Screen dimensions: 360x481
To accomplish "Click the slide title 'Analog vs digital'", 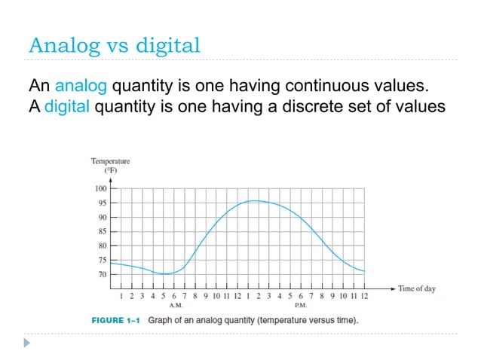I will [x=115, y=45].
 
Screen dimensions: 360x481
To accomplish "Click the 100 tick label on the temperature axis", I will [x=100, y=189].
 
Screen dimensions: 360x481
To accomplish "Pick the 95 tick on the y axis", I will [x=101, y=203].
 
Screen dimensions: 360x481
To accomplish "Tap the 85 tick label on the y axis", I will [x=101, y=232].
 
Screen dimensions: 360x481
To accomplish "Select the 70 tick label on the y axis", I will [x=101, y=275].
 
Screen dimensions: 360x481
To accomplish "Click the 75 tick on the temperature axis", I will [x=101, y=261].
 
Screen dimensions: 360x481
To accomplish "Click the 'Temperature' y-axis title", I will [x=110, y=160].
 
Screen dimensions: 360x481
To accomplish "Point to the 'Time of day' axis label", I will [x=417, y=288].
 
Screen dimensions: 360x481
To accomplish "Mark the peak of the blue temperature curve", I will [x=256, y=200].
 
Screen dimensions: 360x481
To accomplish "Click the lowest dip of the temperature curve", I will [x=167, y=274].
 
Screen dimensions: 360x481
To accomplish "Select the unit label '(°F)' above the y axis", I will [x=110, y=170].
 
